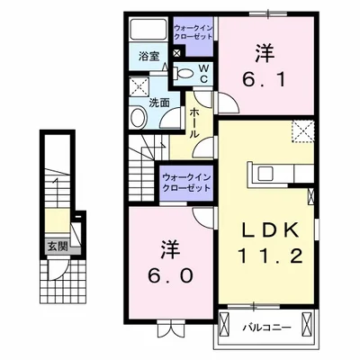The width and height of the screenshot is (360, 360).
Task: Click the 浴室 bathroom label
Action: pyautogui.click(x=148, y=56)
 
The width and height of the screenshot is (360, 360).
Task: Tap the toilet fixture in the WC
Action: pyautogui.click(x=184, y=73)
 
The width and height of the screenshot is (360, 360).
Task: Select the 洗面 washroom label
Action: pyautogui.click(x=159, y=103)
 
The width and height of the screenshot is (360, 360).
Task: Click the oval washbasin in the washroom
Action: pyautogui.click(x=139, y=118)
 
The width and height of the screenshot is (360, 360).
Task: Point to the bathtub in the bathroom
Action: pyautogui.click(x=148, y=30)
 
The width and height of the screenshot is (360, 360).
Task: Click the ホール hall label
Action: pyautogui.click(x=194, y=123)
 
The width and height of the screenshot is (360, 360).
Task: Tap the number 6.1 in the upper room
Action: pyautogui.click(x=264, y=79)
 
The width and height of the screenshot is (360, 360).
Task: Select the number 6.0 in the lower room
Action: pyautogui.click(x=170, y=275)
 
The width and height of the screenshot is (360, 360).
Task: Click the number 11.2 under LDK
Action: pyautogui.click(x=270, y=256)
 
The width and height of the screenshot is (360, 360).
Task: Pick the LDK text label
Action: pyautogui.click(x=270, y=230)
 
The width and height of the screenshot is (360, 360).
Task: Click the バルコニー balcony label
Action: pyautogui.click(x=266, y=327)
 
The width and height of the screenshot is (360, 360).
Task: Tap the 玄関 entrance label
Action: pyautogui.click(x=58, y=247)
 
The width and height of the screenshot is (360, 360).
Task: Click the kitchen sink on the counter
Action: pyautogui.click(x=265, y=174)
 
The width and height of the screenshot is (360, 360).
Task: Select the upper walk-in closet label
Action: pyautogui.click(x=193, y=32)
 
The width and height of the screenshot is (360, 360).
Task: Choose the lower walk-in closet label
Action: pyautogui.click(x=186, y=184)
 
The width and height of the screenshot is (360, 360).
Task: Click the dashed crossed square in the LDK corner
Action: pyautogui.click(x=302, y=131)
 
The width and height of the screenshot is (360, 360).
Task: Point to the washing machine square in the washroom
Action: pyautogui.click(x=139, y=87)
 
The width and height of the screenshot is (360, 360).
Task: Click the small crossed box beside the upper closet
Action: pyautogui.click(x=177, y=53)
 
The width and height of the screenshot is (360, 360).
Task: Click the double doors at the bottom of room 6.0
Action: pyautogui.click(x=170, y=328)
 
